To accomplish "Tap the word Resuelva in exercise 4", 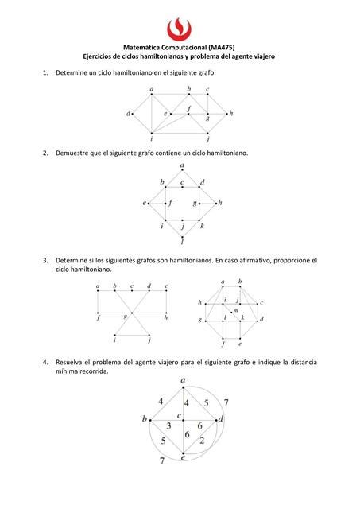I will [x=72, y=362].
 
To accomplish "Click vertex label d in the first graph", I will [x=129, y=113].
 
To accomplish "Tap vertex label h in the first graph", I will [x=230, y=113].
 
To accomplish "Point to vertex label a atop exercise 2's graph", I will [x=183, y=165].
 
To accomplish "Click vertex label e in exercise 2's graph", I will [x=145, y=204].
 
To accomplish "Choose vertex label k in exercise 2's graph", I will [x=203, y=226].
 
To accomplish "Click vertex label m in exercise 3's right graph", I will [x=235, y=310].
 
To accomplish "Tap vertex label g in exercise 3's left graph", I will [x=126, y=317].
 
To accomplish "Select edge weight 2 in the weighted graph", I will [x=202, y=441].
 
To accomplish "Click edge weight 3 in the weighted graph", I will [x=168, y=427].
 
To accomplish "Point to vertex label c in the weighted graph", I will [x=180, y=414].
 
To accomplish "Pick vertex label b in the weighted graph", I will [x=145, y=418].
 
